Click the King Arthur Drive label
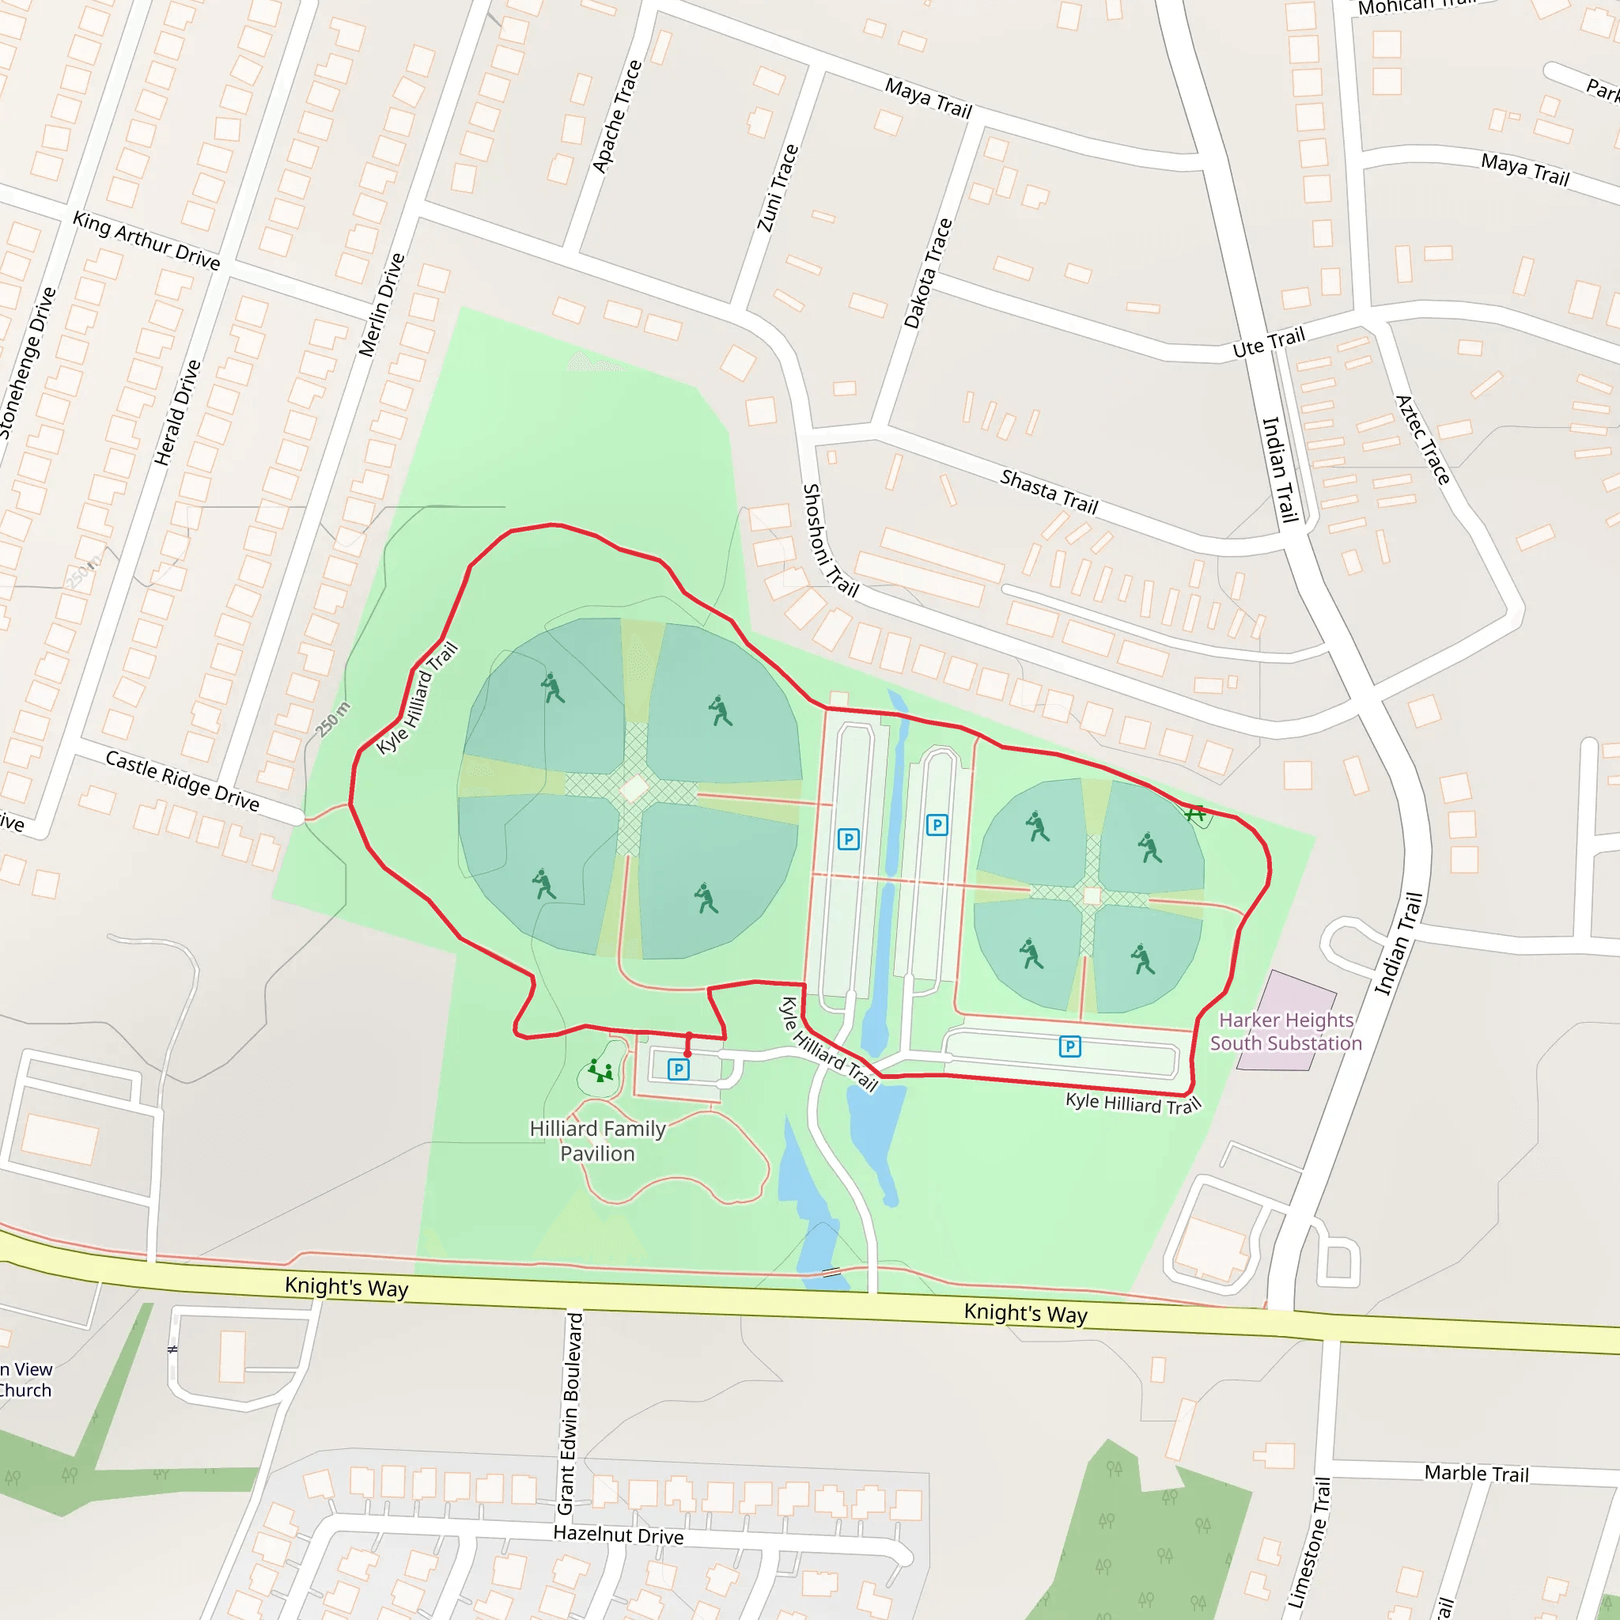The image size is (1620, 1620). (147, 240)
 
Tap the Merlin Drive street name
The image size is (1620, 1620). (381, 305)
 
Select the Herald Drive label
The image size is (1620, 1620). (177, 413)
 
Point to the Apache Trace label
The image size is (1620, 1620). (617, 116)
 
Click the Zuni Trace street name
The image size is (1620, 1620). (778, 187)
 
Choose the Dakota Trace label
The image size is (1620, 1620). (928, 274)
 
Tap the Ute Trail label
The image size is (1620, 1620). (1269, 342)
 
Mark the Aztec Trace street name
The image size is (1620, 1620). (1423, 439)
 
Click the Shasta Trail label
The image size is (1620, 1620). (1049, 491)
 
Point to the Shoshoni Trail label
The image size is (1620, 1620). (830, 540)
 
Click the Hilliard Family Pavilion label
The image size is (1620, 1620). (598, 1141)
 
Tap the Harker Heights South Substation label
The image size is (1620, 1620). (1285, 1031)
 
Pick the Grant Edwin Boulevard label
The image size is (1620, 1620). (570, 1414)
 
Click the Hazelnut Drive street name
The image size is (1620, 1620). (618, 1535)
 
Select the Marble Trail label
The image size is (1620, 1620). (1477, 1473)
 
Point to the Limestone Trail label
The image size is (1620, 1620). (1309, 1542)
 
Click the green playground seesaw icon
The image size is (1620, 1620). (600, 1071)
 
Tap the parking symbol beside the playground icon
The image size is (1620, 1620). (679, 1069)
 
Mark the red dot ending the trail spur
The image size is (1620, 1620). (687, 1054)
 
